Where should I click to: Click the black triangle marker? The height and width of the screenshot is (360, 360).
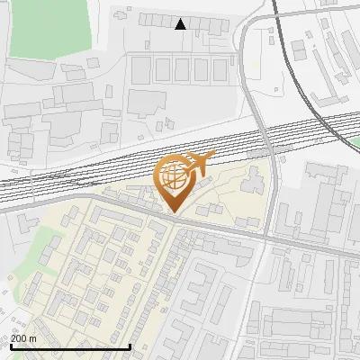coord(181,24)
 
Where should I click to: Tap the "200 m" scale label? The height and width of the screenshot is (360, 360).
coord(23,338)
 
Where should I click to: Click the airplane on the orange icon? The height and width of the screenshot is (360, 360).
coord(197,163)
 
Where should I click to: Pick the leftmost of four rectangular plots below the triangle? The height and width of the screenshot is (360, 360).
coord(141,69)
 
